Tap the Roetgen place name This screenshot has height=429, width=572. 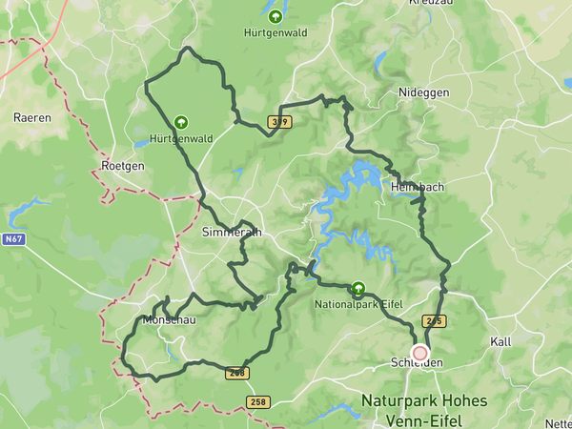coord(122,165)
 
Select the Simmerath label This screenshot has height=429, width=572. coord(232,232)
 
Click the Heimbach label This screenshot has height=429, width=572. coord(417,187)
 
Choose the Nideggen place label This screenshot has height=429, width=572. coord(422,92)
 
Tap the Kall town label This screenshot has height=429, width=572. coord(500,341)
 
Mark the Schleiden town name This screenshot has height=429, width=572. coord(418,362)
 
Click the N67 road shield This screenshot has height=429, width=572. coord(13,240)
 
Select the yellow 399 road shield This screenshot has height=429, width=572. coord(279,121)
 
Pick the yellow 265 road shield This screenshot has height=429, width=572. coord(434,320)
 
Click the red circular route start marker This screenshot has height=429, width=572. coord(419,353)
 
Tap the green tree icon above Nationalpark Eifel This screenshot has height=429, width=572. coord(358,287)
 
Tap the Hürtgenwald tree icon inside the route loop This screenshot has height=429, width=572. coord(180,122)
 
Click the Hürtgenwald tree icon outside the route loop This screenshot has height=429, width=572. coord(276,16)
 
